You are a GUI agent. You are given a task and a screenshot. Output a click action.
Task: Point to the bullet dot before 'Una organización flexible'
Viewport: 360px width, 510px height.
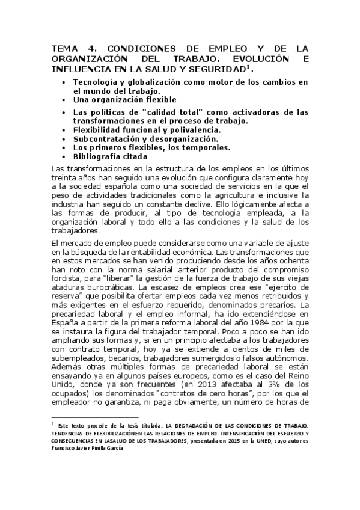coord(64,100)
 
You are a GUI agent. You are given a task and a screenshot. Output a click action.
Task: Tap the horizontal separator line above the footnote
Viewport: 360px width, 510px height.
coord(96,417)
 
